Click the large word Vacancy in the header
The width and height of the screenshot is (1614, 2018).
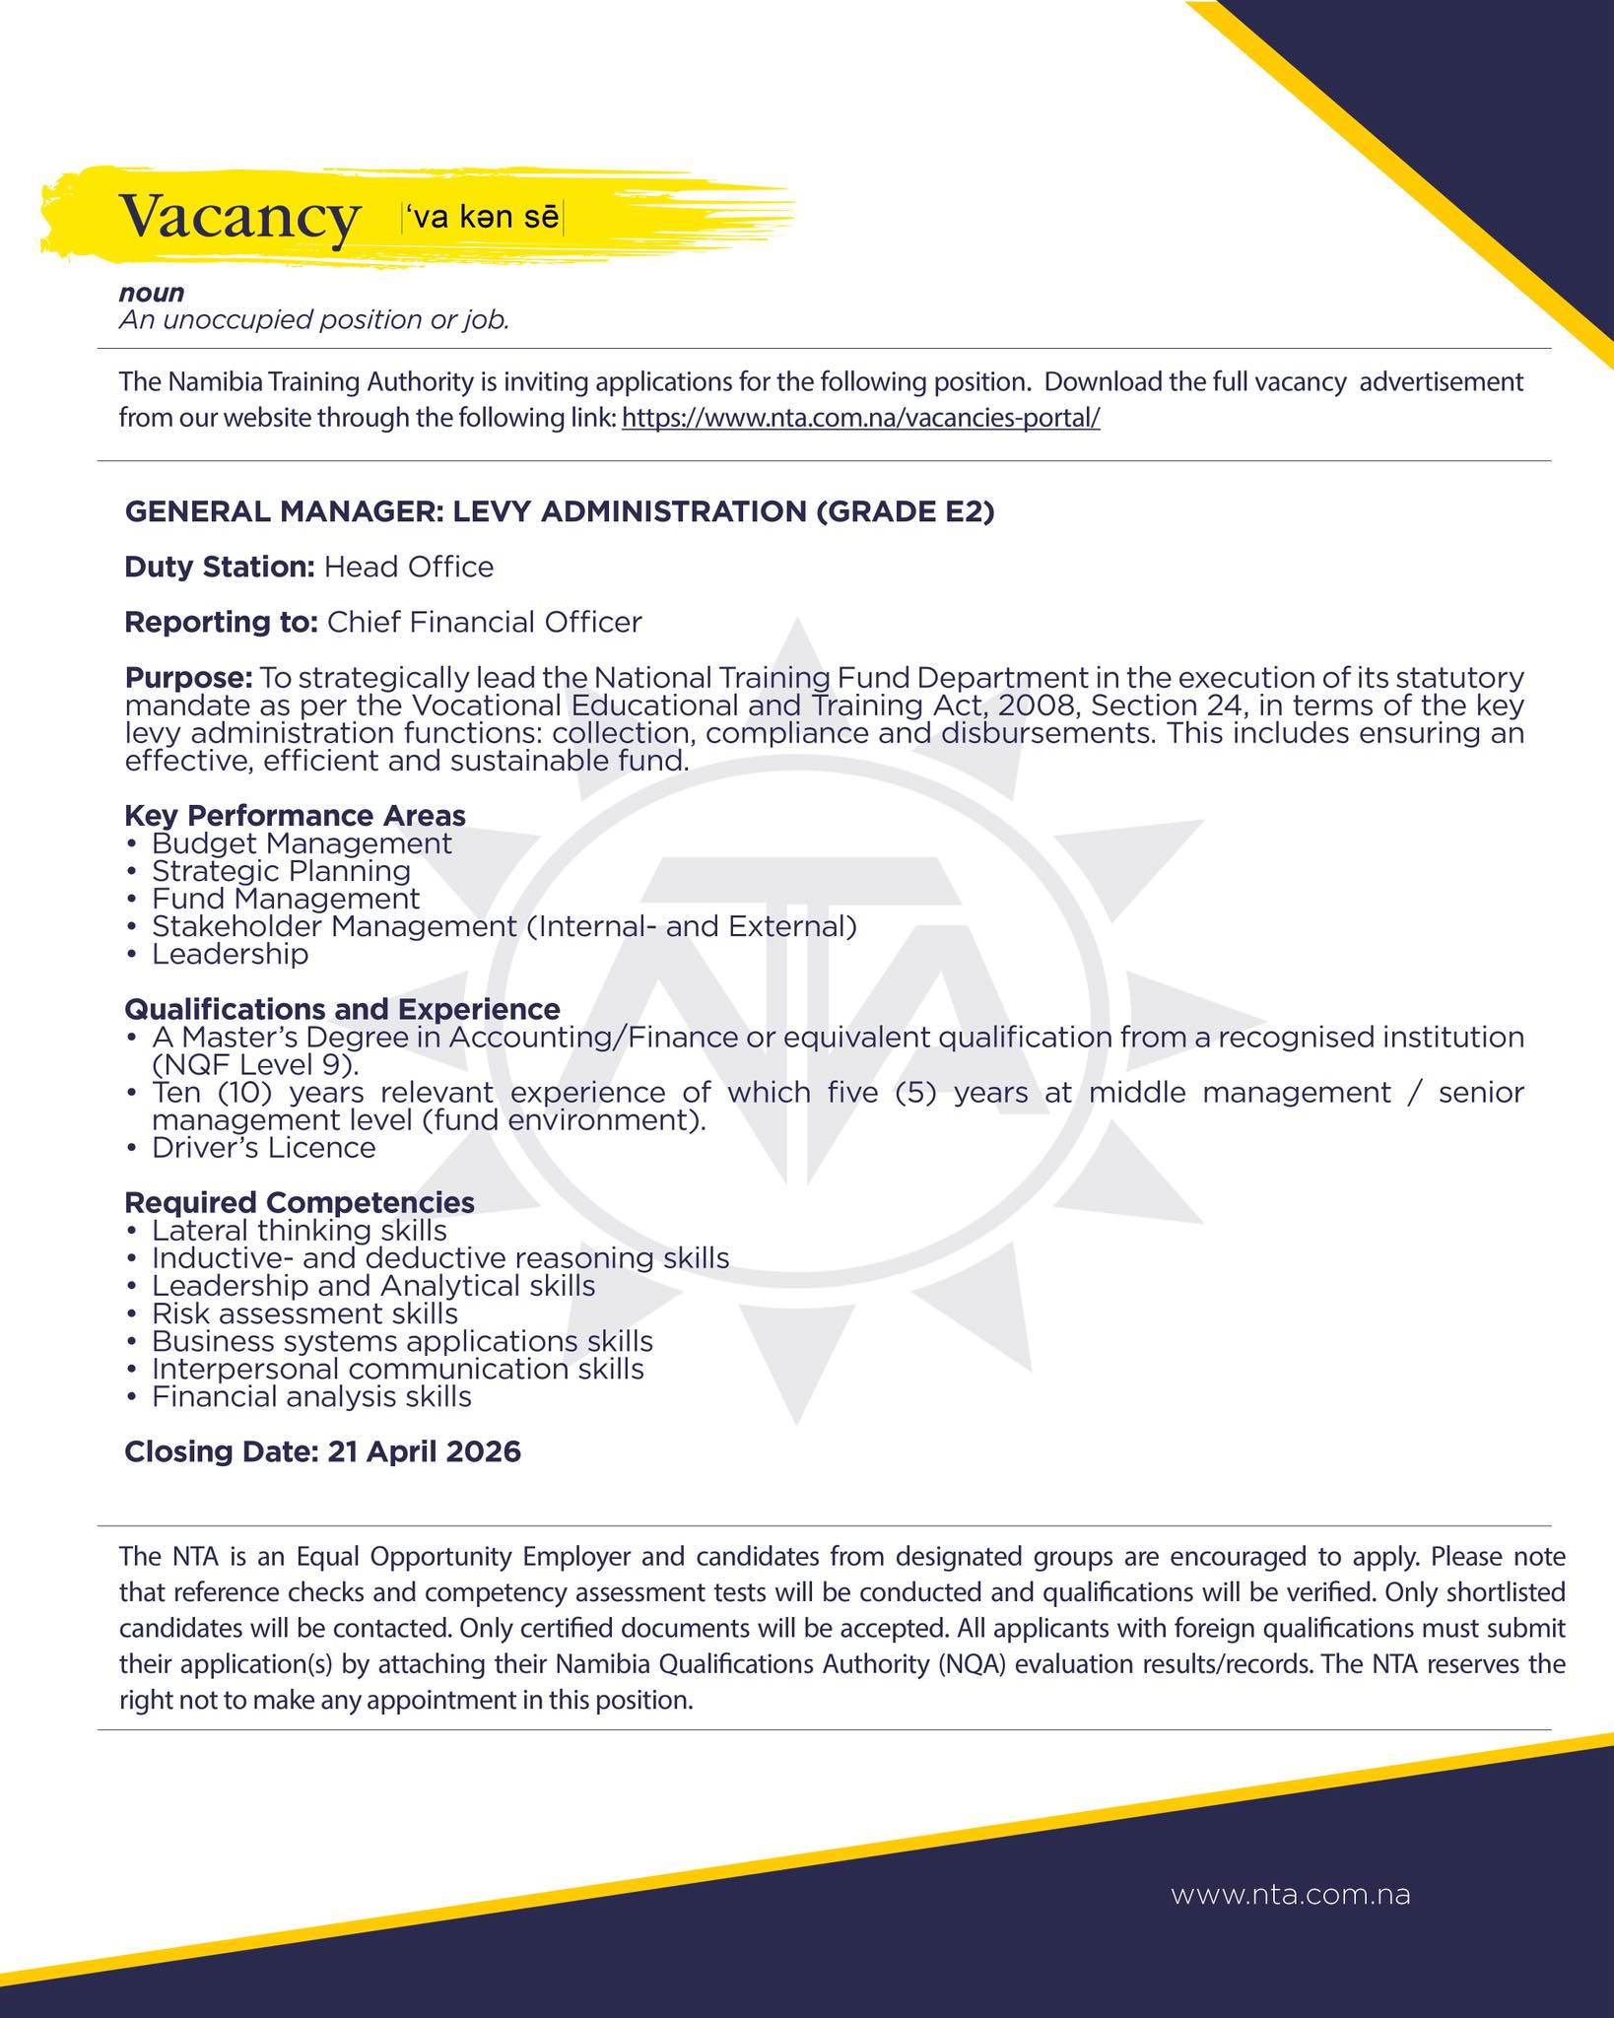pyautogui.click(x=238, y=217)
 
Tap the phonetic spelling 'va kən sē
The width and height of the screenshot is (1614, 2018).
pyautogui.click(x=481, y=217)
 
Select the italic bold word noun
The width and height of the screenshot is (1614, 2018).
pyautogui.click(x=152, y=293)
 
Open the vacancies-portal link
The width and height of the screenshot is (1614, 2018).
pyautogui.click(x=861, y=418)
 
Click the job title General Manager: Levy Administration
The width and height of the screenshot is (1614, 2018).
pyautogui.click(x=559, y=511)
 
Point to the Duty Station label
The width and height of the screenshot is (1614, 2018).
pyautogui.click(x=219, y=567)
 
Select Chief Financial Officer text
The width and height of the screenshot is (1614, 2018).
pyautogui.click(x=484, y=622)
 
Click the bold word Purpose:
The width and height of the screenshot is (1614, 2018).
pyautogui.click(x=188, y=678)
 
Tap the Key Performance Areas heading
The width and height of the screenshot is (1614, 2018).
pyautogui.click(x=295, y=815)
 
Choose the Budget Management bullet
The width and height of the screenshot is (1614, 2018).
pyautogui.click(x=302, y=843)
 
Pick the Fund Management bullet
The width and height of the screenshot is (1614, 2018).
pyautogui.click(x=286, y=899)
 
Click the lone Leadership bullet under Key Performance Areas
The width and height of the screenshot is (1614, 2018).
pyautogui.click(x=230, y=954)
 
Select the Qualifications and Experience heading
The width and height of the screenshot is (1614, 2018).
pyautogui.click(x=342, y=1009)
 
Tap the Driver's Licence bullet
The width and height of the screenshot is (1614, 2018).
pyautogui.click(x=263, y=1148)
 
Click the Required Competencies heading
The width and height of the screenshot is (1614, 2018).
pyautogui.click(x=299, y=1202)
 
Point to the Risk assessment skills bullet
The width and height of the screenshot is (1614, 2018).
pyautogui.click(x=304, y=1313)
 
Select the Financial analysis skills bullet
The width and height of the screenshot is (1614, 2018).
pyautogui.click(x=311, y=1396)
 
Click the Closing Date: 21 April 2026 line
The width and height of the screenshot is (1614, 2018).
pyautogui.click(x=322, y=1451)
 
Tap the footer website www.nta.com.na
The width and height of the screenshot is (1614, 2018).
pyautogui.click(x=1290, y=1895)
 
